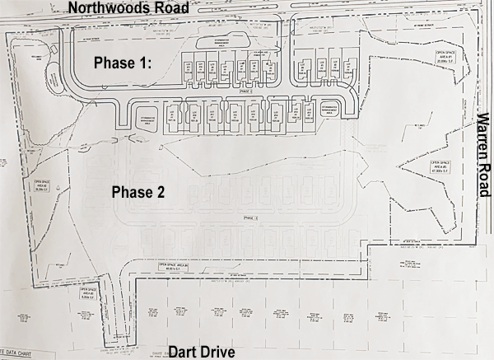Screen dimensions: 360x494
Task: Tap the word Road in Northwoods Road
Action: point(168,8)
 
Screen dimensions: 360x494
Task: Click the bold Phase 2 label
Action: point(137,192)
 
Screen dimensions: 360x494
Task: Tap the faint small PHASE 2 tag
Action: point(245,217)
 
